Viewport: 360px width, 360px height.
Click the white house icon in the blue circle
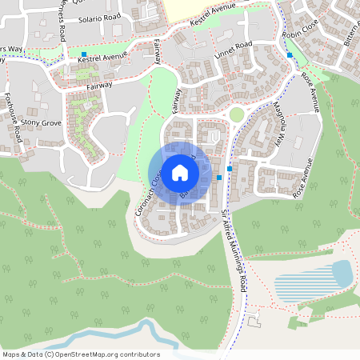[179, 172]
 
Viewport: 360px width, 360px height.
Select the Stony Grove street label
[41, 123]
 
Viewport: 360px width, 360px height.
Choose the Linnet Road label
[234, 50]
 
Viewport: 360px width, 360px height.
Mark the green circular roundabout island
[236, 115]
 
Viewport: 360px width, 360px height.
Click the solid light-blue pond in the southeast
[342, 274]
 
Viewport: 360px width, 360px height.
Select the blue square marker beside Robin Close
[290, 55]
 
